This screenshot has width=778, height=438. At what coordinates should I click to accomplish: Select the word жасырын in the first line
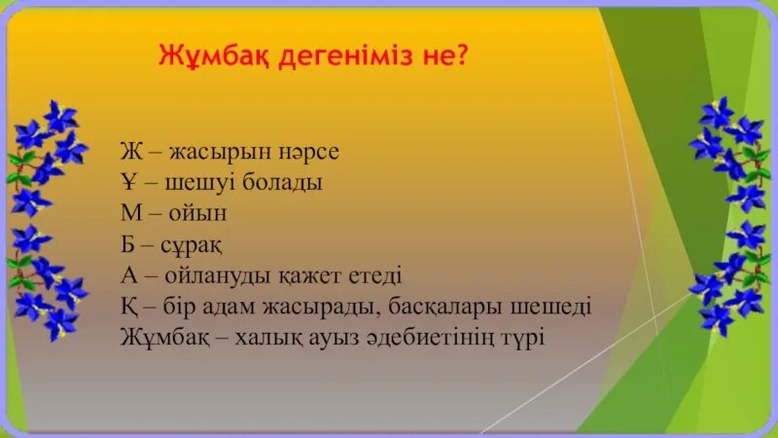tap(217, 153)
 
